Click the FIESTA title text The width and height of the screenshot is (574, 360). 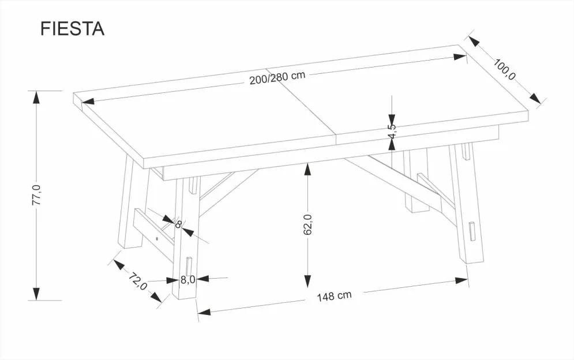(x=72, y=29)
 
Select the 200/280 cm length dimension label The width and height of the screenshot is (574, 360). (x=277, y=78)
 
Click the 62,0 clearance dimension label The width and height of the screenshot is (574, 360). (x=307, y=224)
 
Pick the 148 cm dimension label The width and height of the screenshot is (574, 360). (x=334, y=296)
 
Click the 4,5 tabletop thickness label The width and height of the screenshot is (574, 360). (x=392, y=131)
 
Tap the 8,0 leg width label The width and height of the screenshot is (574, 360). (x=187, y=280)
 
